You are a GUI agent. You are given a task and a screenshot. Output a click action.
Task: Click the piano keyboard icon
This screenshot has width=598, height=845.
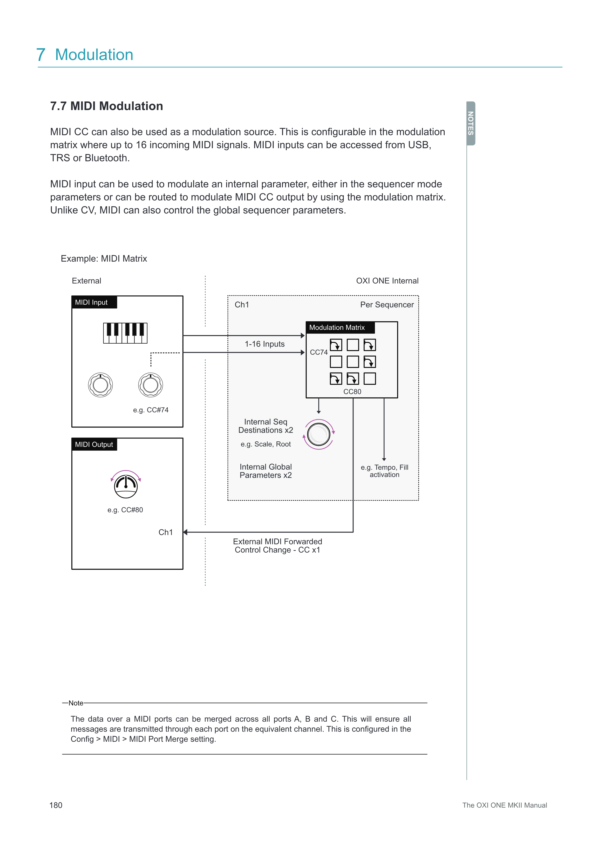click(x=125, y=333)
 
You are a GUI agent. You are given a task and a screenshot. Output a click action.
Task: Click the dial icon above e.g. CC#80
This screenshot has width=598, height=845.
click(x=126, y=486)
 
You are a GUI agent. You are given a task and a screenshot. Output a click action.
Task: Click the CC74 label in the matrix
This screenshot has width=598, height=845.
click(x=319, y=352)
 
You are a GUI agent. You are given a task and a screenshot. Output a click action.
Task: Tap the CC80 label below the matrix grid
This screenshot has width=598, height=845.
click(x=352, y=392)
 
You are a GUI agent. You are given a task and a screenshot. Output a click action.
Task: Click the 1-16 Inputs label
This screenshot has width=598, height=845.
click(x=265, y=344)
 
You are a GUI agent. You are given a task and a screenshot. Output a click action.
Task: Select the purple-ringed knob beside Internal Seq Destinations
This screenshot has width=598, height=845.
click(x=319, y=434)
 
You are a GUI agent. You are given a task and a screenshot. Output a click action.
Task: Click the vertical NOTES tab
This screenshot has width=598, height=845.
click(x=471, y=123)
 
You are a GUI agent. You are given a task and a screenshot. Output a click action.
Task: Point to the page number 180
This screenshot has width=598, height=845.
click(x=56, y=805)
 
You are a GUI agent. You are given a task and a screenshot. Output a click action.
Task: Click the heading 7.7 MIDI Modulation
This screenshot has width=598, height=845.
click(x=106, y=106)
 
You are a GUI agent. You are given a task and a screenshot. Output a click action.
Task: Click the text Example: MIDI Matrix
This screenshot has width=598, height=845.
click(x=104, y=259)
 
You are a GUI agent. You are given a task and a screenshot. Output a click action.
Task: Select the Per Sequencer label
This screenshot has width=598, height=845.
click(x=387, y=305)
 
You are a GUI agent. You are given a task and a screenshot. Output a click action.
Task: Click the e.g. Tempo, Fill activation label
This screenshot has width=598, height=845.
click(x=384, y=471)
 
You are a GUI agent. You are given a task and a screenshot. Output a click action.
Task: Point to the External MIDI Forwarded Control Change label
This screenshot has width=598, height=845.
click(x=277, y=546)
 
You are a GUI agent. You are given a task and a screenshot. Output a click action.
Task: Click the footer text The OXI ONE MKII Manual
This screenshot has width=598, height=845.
click(x=504, y=805)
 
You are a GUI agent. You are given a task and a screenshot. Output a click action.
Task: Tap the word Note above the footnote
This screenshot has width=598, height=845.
click(x=76, y=703)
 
